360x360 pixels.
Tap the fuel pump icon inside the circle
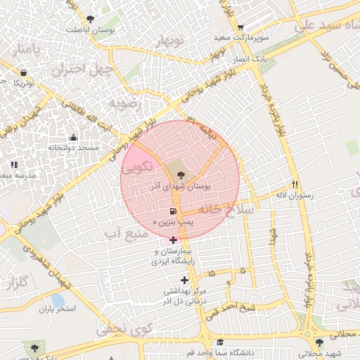(x=173, y=211)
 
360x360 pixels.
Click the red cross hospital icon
(x=174, y=240)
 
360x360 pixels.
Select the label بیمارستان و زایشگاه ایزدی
(x=174, y=256)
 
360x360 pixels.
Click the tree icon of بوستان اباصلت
(x=89, y=19)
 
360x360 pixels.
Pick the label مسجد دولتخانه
(x=73, y=148)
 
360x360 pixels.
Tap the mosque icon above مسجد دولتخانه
(x=73, y=137)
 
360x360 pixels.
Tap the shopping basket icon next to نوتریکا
(x=25, y=72)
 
